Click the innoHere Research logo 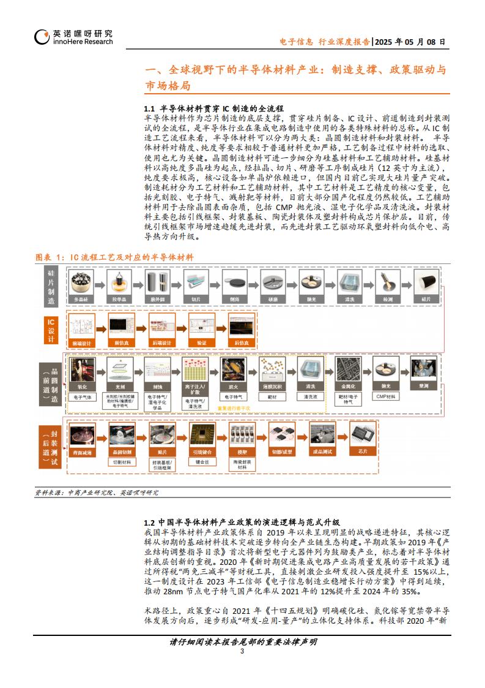point(73,37)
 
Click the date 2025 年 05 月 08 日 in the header point(410,42)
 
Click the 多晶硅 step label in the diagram point(82,299)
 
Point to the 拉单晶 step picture point(120,283)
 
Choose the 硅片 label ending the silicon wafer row point(426,299)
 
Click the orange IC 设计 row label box point(51,330)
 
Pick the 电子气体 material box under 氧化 point(82,397)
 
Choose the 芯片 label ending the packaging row point(362,451)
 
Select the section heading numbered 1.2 point(241,522)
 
